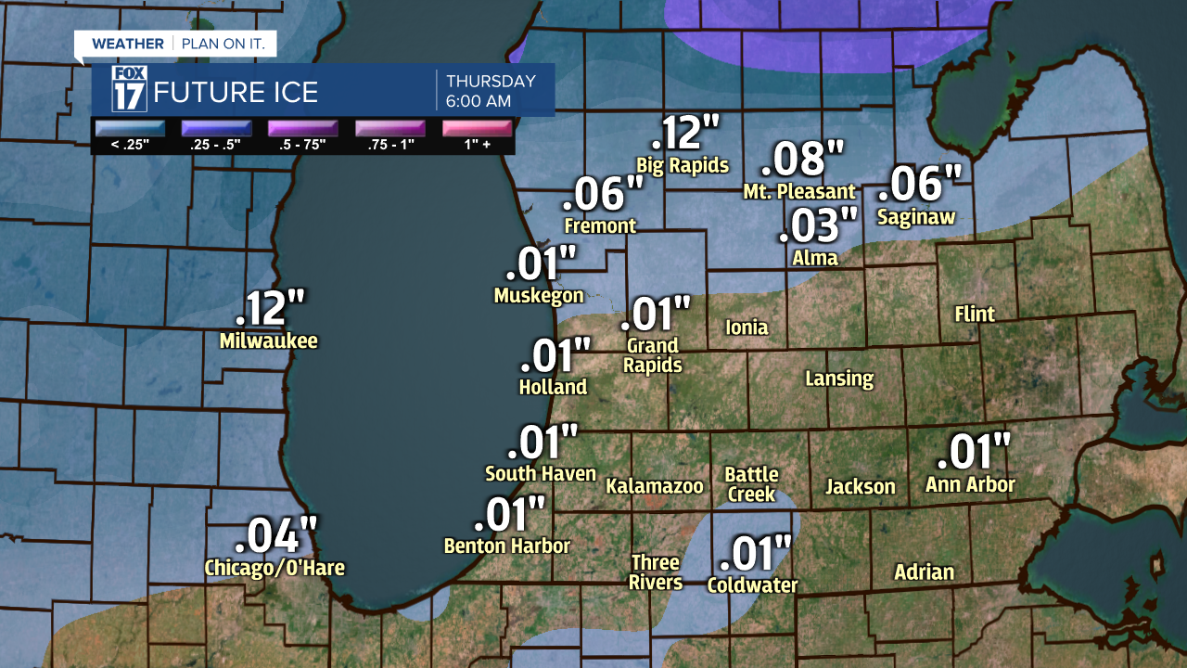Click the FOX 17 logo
130,90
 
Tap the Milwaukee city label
269,341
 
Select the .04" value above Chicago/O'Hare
276,536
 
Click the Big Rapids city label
683,166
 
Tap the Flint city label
975,315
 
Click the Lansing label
839,379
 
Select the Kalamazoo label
655,486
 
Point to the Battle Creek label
751,484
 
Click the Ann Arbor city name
970,485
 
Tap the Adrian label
924,572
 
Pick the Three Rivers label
656,572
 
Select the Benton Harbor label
507,546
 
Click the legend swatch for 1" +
478,128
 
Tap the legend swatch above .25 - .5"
215,128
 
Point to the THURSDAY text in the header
491,81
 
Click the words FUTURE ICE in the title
236,93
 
